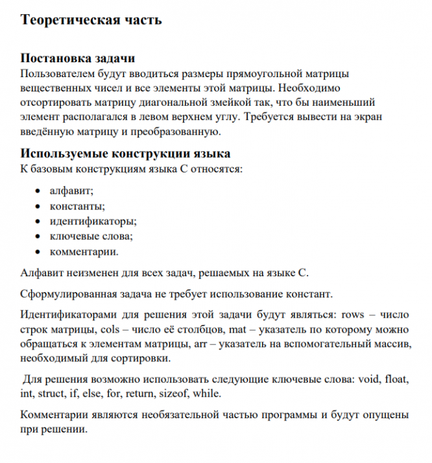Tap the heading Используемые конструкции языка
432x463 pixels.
click(125, 154)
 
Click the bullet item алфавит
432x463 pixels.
click(71, 192)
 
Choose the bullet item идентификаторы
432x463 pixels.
click(92, 222)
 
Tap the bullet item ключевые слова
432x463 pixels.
click(91, 237)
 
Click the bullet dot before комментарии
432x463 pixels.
click(37, 252)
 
